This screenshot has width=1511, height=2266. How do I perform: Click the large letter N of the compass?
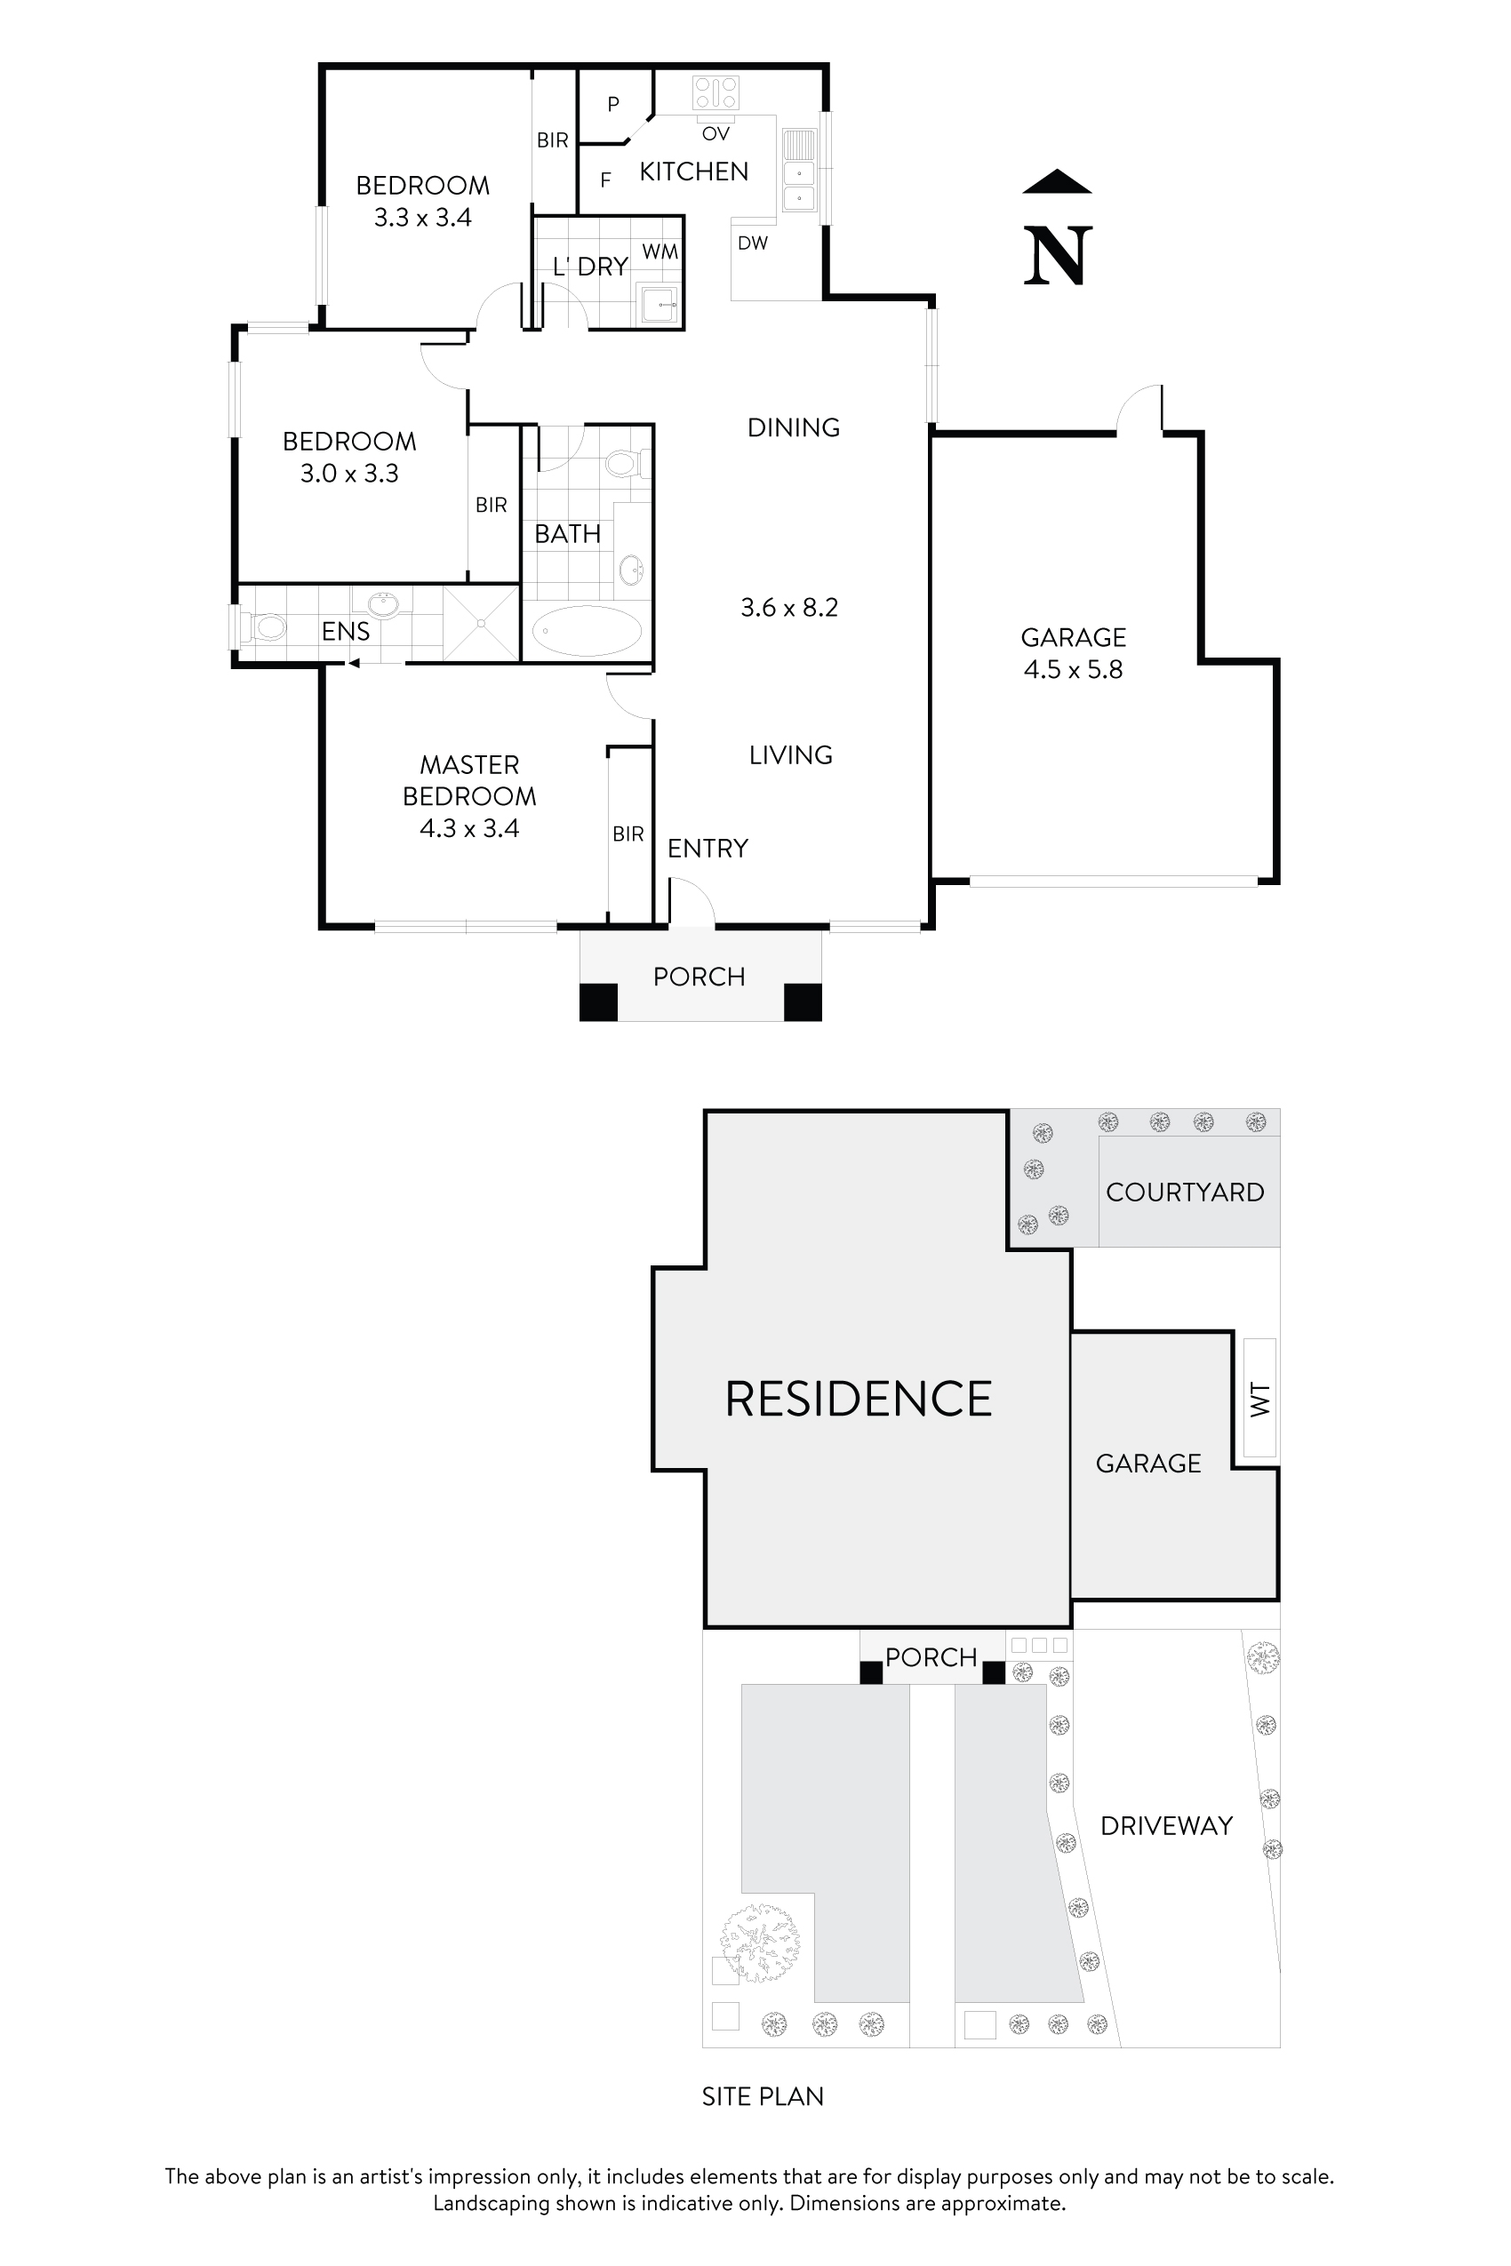click(1057, 255)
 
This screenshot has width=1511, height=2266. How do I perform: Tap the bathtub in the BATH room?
click(586, 632)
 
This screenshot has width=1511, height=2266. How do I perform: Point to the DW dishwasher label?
click(753, 243)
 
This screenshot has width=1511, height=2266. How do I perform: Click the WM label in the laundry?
click(660, 252)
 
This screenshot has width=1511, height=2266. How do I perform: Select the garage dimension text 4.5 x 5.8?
click(1073, 670)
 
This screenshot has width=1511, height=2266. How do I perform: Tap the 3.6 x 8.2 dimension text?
click(789, 608)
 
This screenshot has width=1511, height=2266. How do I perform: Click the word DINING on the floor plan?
click(793, 427)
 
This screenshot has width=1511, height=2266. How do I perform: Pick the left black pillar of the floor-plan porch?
click(597, 1002)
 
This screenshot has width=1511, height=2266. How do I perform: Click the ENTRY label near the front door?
click(708, 849)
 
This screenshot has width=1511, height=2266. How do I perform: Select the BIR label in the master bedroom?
click(628, 834)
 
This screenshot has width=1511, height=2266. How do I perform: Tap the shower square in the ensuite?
click(481, 623)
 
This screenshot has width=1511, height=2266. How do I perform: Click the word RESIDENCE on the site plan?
click(858, 1400)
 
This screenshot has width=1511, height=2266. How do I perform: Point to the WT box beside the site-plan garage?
click(1259, 1398)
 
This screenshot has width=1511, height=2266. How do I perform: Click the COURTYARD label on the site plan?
click(1184, 1193)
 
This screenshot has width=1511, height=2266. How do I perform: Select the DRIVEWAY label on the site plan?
click(1166, 1827)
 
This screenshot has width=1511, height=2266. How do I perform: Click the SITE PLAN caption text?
click(763, 2097)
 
